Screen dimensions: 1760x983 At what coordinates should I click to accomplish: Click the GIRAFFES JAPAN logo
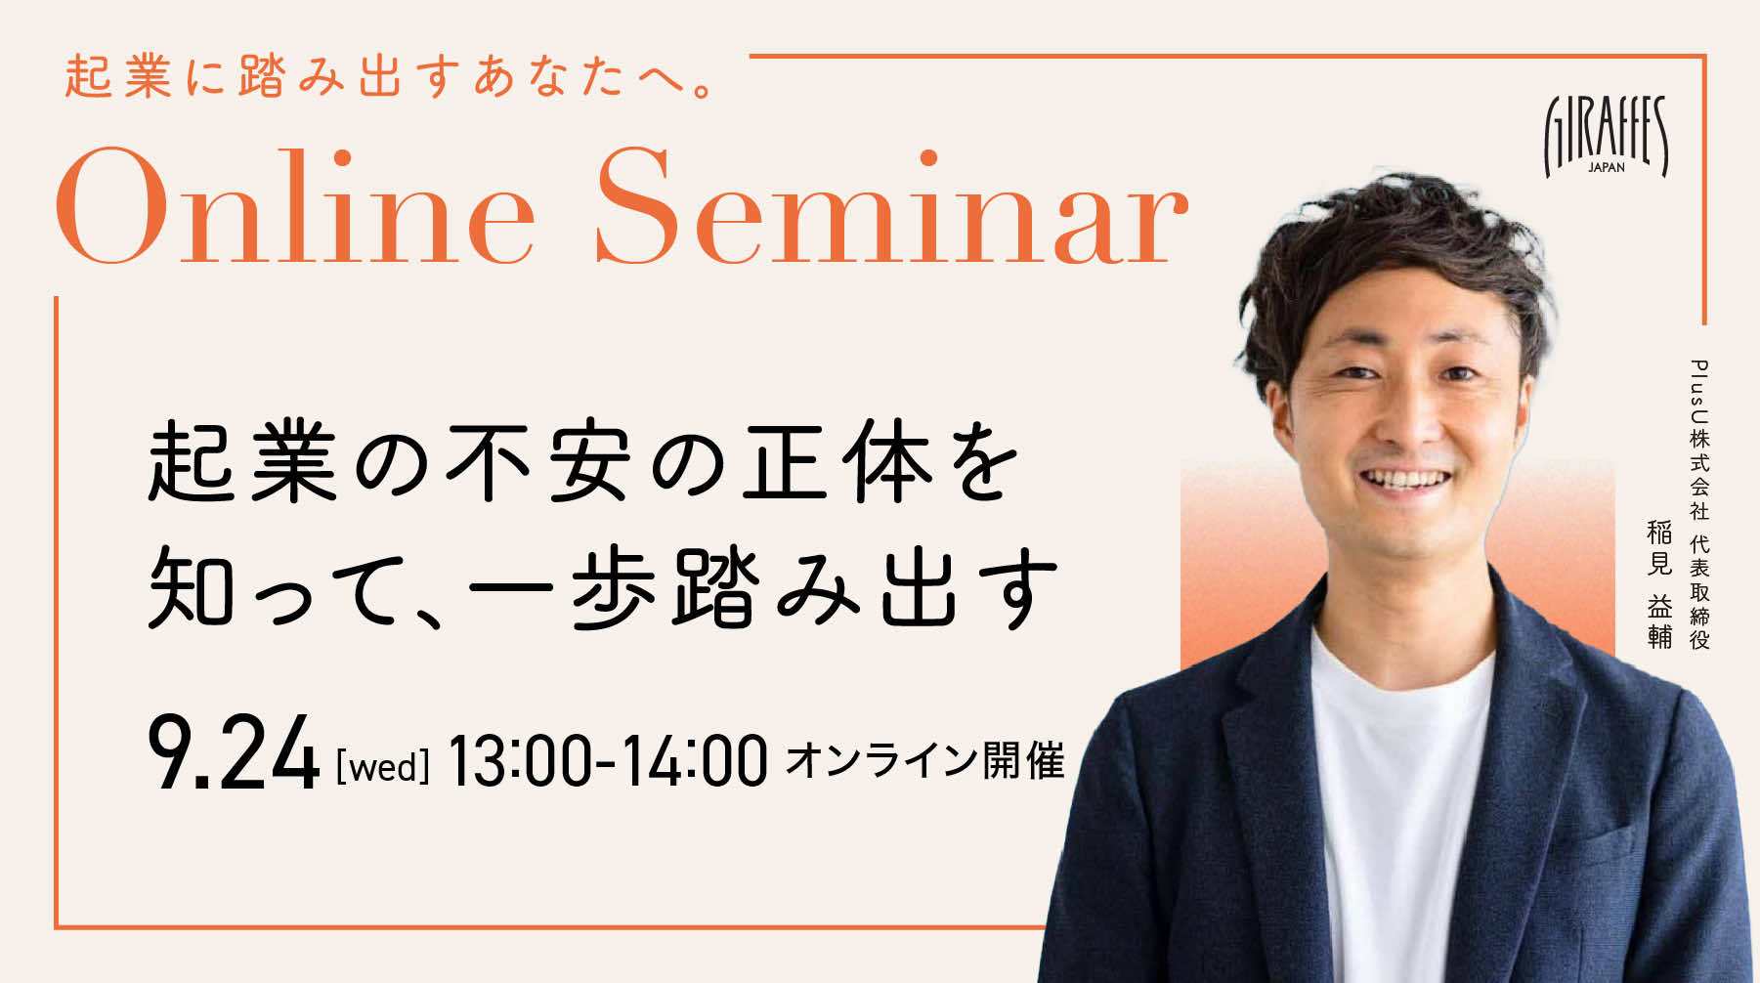pos(1606,136)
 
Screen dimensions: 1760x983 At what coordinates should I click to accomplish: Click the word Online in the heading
pos(295,206)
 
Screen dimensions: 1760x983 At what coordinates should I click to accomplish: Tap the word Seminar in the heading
pos(891,206)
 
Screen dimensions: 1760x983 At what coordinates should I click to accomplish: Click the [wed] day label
pos(383,766)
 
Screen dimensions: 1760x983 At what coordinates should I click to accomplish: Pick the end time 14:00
pos(695,761)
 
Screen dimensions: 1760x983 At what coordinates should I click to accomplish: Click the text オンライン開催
pos(924,760)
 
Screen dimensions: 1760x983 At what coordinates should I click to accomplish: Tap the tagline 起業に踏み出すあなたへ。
pos(391,77)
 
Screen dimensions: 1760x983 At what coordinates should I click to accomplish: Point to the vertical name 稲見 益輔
pos(1659,584)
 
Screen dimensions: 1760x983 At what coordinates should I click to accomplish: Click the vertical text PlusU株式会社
pos(1699,440)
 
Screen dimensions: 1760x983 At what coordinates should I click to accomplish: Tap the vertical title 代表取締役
pos(1699,592)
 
